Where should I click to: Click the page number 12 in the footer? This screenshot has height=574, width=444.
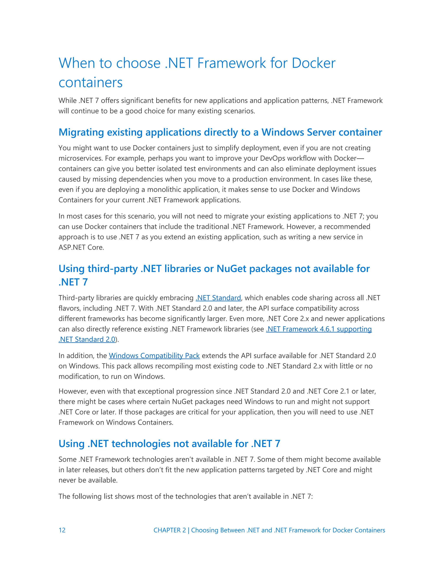coord(62,530)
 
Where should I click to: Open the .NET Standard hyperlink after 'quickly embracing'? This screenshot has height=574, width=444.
coord(218,298)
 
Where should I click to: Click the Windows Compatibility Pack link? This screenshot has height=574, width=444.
coord(154,356)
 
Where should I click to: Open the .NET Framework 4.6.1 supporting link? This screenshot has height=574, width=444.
coord(319,329)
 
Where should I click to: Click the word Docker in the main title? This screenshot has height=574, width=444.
coord(313,63)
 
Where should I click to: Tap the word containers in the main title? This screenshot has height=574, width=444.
coord(90,83)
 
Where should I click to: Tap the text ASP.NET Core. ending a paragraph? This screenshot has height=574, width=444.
coord(81,247)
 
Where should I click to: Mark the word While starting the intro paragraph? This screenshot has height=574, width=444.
coord(67,101)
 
